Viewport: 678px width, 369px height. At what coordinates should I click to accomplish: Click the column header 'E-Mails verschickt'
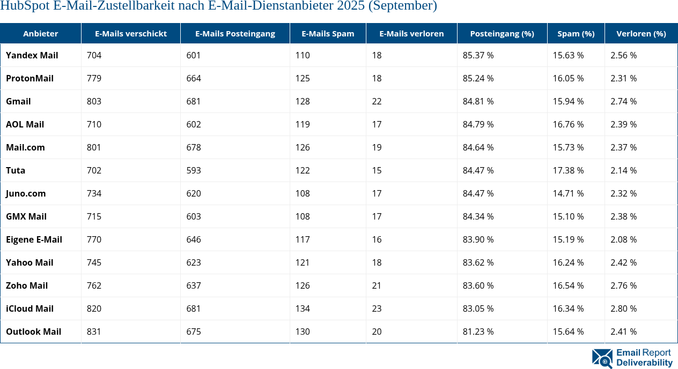pos(130,33)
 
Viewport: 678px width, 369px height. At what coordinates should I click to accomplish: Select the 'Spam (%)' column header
pos(576,33)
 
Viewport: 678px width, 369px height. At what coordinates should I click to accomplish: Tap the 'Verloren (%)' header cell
pos(641,33)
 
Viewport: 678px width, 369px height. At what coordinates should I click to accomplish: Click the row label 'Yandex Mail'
pos(32,55)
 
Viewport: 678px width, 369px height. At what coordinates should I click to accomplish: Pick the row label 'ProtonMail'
pos(30,78)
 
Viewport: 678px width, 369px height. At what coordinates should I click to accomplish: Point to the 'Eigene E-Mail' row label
pos(34,239)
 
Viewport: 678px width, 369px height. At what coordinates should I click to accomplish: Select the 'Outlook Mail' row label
pos(33,332)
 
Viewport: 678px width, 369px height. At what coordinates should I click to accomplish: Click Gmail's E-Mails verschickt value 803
pos(94,101)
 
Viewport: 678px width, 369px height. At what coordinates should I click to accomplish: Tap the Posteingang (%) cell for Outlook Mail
pos(478,332)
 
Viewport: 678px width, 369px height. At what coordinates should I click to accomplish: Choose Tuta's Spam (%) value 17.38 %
pos(568,170)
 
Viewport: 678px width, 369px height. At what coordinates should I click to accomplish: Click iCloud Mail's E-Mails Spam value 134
pos(303,308)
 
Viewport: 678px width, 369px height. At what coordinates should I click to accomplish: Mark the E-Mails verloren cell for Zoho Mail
pos(377,285)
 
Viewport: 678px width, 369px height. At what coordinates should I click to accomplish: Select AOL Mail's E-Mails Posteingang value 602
pos(194,124)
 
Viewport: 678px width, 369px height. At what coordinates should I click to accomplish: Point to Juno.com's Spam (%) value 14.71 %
pos(568,193)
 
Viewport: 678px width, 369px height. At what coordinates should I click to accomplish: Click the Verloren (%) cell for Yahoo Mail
pos(623,262)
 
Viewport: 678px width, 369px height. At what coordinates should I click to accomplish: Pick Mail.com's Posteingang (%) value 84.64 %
pos(478,147)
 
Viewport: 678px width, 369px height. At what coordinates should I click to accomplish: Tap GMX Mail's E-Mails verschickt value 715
pos(94,216)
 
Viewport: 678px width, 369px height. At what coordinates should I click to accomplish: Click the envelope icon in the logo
pos(602,358)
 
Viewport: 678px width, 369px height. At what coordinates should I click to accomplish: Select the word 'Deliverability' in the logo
pos(644,363)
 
